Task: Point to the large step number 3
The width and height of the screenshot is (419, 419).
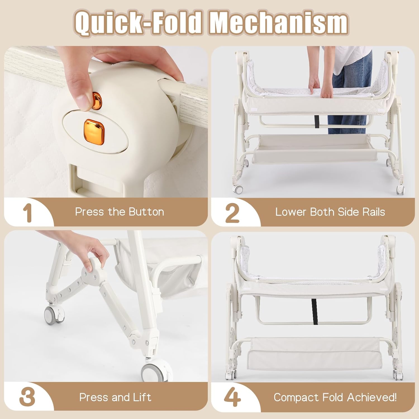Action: tap(27, 397)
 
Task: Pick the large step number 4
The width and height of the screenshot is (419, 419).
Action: tap(232, 397)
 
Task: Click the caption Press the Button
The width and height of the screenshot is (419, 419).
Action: tap(120, 212)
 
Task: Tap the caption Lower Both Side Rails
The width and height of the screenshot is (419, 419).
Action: tap(330, 212)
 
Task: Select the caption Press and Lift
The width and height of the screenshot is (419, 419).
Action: tap(115, 397)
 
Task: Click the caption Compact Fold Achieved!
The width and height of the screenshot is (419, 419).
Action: tap(335, 397)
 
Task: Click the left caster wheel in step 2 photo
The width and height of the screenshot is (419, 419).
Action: tap(238, 189)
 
